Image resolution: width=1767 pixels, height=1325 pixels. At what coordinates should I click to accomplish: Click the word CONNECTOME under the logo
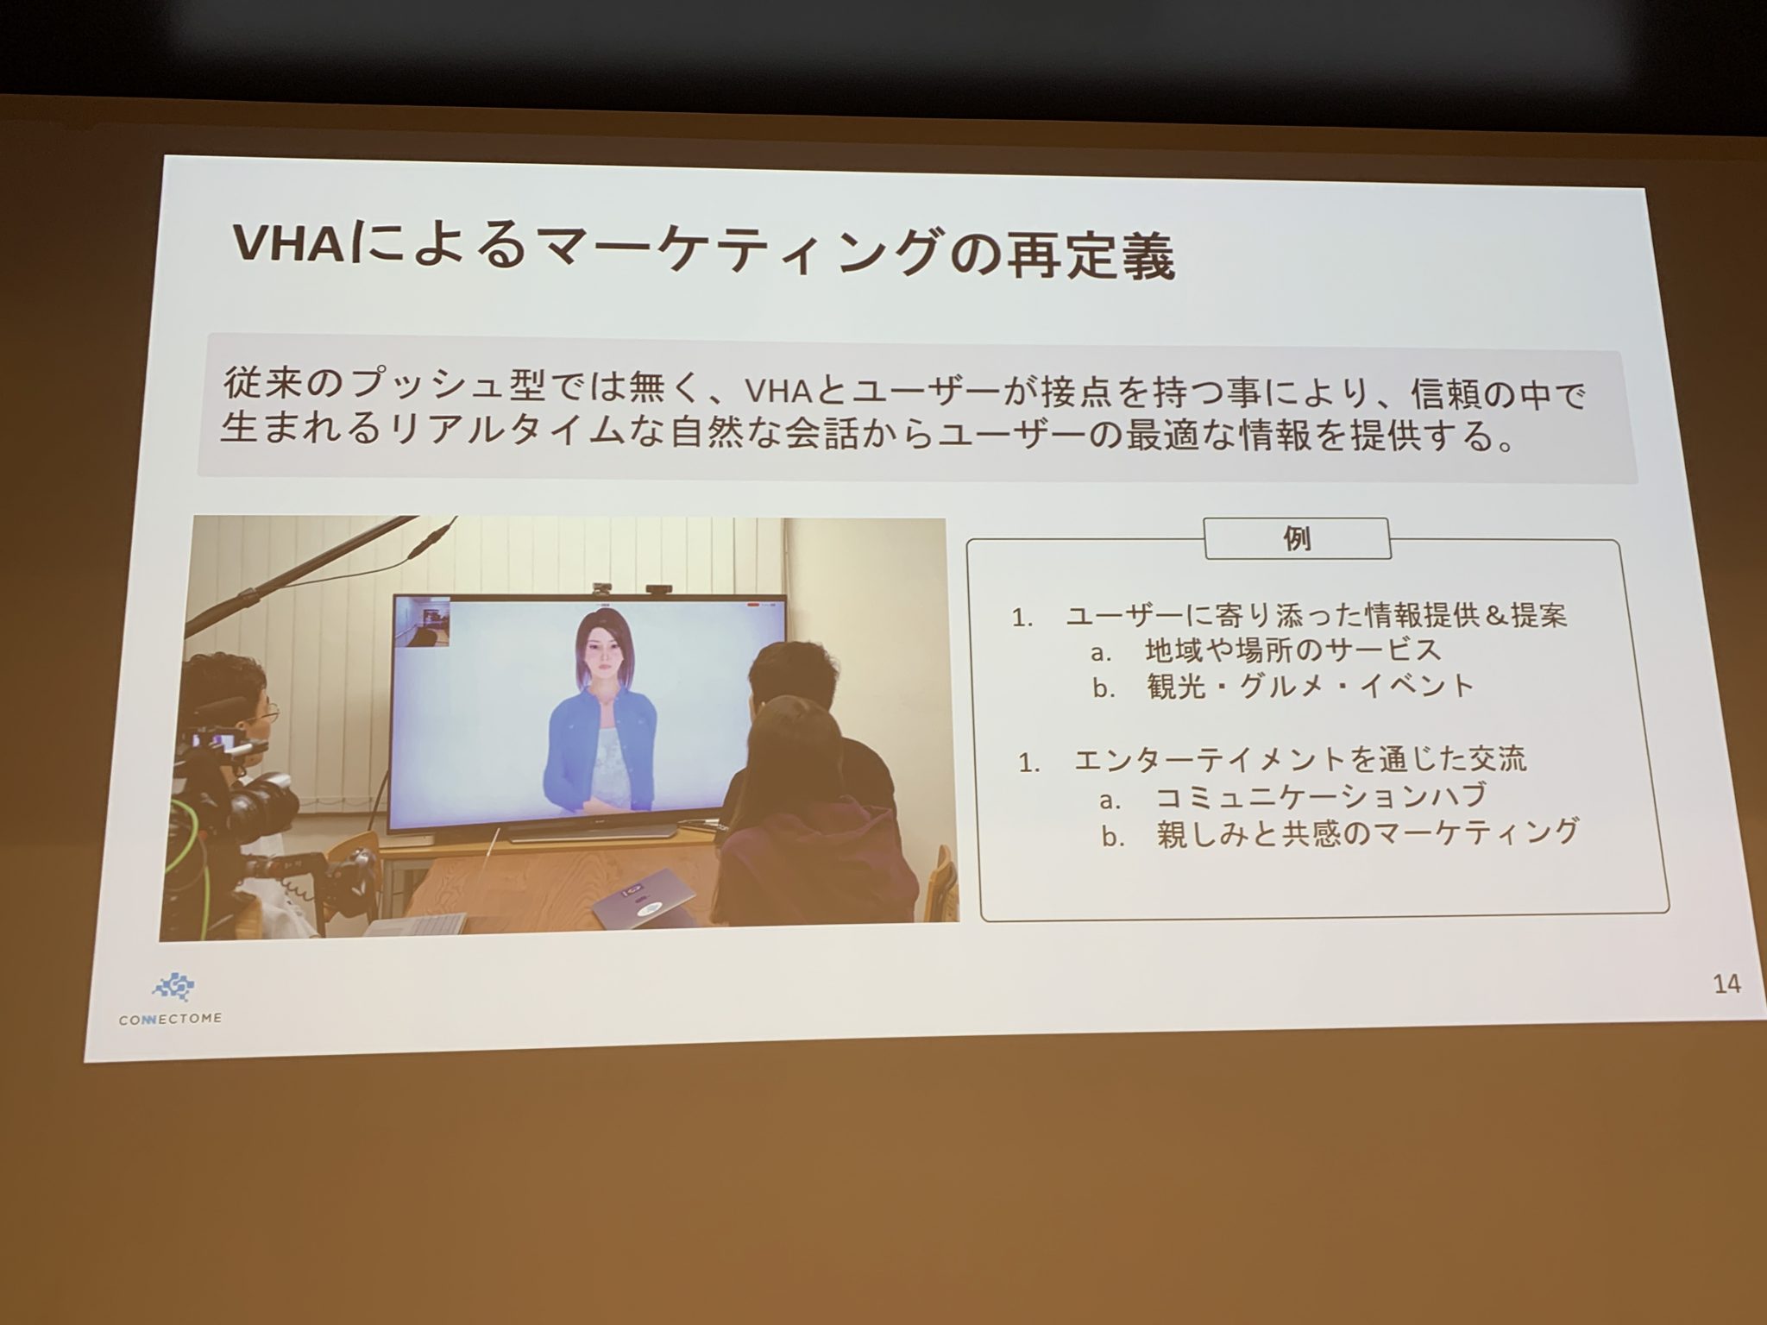pyautogui.click(x=170, y=1019)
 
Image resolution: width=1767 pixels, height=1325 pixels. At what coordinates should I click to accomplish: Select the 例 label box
pyautogui.click(x=1297, y=539)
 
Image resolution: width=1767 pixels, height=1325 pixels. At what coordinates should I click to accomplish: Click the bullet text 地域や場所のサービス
pyautogui.click(x=1292, y=650)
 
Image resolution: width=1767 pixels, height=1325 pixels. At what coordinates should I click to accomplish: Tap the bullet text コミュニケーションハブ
pyautogui.click(x=1320, y=796)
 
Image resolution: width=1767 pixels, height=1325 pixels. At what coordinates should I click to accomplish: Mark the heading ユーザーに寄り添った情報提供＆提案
pyautogui.click(x=1317, y=614)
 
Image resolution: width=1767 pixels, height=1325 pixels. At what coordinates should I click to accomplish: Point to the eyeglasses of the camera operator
pyautogui.click(x=265, y=713)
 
